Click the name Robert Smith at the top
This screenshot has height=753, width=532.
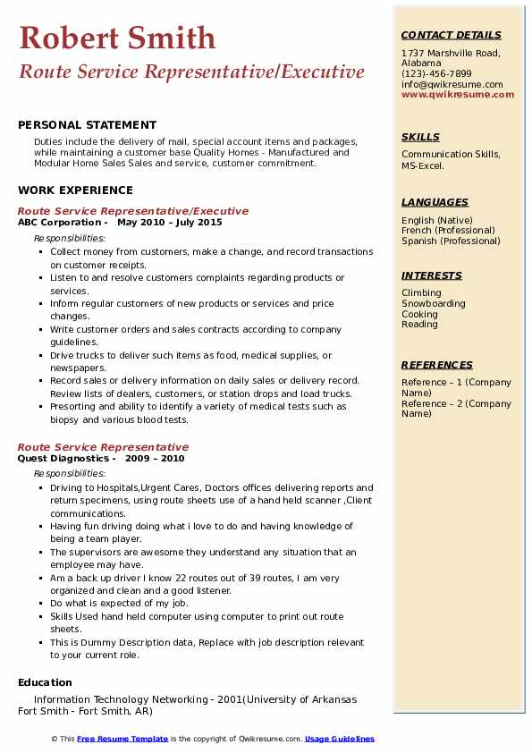click(x=117, y=38)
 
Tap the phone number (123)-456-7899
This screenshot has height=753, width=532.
click(x=436, y=74)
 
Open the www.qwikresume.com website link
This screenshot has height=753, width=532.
click(x=452, y=94)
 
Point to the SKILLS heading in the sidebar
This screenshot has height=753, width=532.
click(x=420, y=137)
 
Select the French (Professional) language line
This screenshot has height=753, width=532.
click(x=450, y=231)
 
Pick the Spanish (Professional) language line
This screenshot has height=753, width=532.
click(x=451, y=241)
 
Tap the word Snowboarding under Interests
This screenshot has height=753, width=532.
click(x=434, y=303)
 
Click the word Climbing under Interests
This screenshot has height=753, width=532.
click(x=421, y=292)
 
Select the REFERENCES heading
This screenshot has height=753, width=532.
click(x=437, y=365)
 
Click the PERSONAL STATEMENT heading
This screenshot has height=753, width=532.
click(x=87, y=125)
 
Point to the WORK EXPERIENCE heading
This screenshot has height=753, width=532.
click(x=75, y=190)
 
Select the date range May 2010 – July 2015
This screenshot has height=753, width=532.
click(x=170, y=223)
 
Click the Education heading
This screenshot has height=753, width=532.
click(x=45, y=682)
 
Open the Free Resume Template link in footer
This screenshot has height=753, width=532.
click(x=122, y=739)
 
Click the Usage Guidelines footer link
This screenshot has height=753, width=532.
click(x=340, y=739)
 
